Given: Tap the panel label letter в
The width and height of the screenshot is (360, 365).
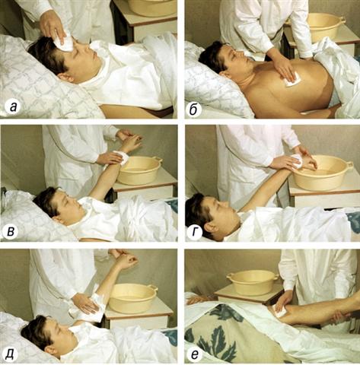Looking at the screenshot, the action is (11, 231).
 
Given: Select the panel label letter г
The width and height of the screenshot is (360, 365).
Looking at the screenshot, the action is (194, 232).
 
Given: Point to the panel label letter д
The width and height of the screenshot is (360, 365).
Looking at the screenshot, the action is (10, 354).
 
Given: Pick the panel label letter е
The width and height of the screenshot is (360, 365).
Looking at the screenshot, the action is (194, 355).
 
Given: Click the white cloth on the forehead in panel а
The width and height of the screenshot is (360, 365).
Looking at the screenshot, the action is (63, 42).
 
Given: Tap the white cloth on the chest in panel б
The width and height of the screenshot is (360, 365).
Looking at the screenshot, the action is (293, 79).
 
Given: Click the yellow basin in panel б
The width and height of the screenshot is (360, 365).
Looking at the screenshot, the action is (326, 26).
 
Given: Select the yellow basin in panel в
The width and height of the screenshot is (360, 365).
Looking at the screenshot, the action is (139, 170).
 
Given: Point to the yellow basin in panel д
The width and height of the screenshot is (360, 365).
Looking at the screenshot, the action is (132, 298).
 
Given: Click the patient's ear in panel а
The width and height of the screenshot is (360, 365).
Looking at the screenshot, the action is (69, 78).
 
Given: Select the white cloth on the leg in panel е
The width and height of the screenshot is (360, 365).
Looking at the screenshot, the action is (279, 311).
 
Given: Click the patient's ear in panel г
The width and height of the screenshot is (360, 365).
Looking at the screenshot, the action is (211, 227).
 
